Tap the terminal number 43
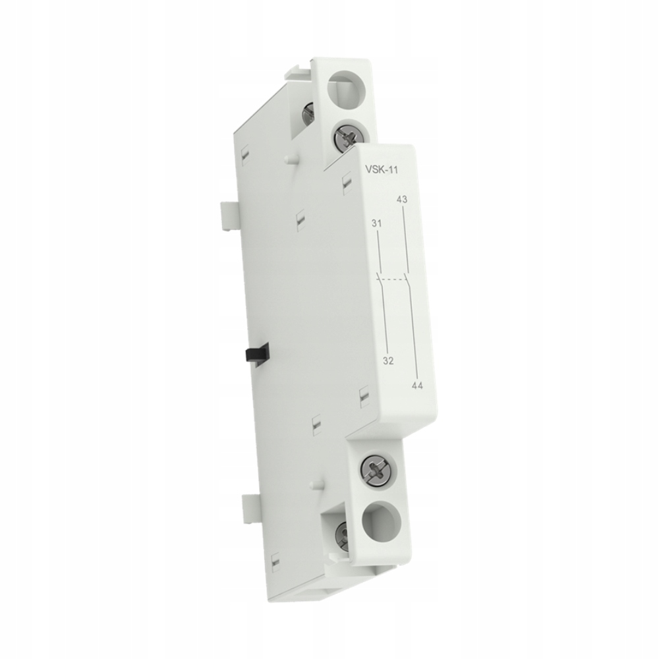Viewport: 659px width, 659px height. click(403, 199)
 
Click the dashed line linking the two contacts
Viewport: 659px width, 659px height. click(394, 279)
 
